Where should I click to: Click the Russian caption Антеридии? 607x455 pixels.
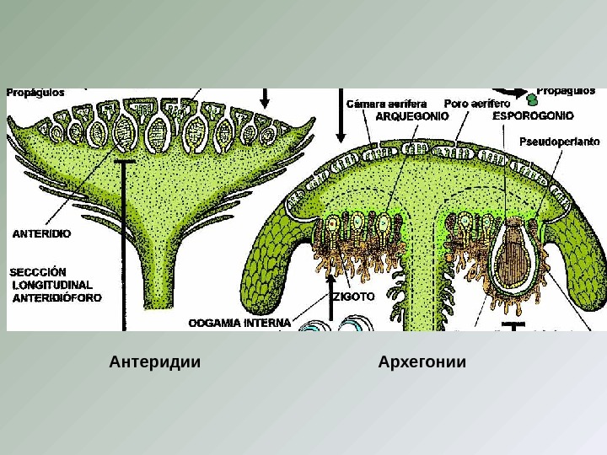pos(155,362)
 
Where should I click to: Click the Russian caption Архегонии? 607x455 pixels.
pos(422,362)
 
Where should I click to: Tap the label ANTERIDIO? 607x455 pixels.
pos(40,233)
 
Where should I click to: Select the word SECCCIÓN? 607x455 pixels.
pos(38,272)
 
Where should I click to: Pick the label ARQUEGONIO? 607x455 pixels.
pos(411,116)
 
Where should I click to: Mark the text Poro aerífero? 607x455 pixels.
pos(477,104)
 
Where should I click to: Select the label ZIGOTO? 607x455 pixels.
pos(353,297)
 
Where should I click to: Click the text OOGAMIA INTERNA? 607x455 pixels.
pos(239,322)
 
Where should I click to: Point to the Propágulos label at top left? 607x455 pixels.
pos(36,93)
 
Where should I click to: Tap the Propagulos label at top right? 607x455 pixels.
pos(566,91)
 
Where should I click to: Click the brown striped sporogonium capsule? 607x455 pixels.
pos(512,252)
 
